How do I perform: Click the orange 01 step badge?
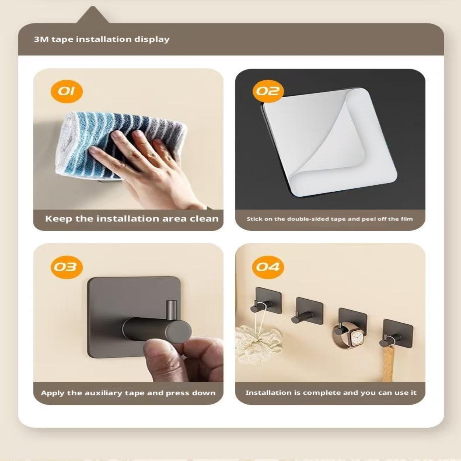[67, 91]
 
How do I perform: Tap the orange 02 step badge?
[268, 91]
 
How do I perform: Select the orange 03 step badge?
[67, 267]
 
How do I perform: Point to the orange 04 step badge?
[268, 267]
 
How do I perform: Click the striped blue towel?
[121, 144]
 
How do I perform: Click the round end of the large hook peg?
[178, 331]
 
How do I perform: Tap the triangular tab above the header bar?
[93, 15]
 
